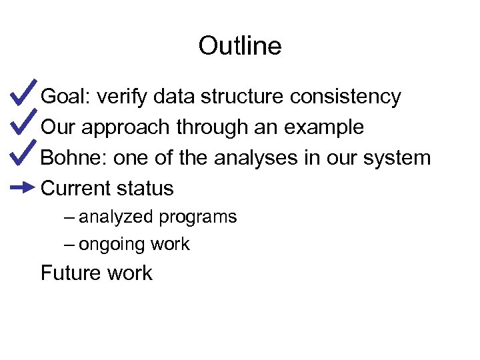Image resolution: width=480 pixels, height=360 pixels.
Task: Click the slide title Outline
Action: pos(240,46)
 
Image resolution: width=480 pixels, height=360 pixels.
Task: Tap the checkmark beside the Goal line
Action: pos(23,95)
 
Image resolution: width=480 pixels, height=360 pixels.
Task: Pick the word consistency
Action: pos(345,97)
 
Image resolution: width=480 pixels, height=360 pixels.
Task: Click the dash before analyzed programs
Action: pos(70,217)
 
